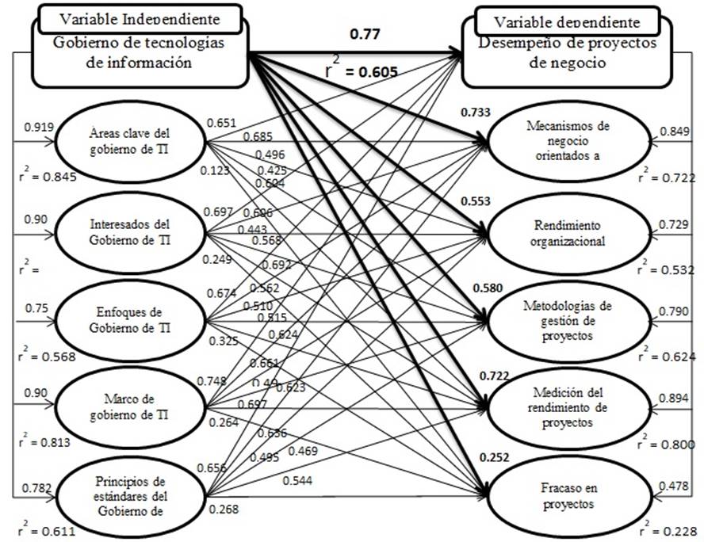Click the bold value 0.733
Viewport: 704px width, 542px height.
474,113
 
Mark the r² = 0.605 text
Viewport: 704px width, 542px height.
362,71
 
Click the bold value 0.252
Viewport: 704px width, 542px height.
493,457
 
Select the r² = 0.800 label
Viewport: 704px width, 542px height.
671,445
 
